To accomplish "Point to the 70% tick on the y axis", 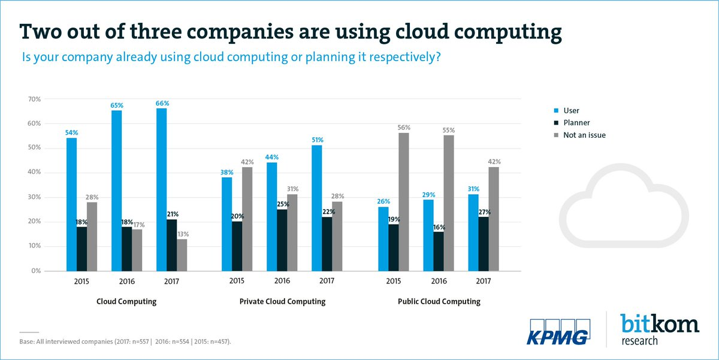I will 35,99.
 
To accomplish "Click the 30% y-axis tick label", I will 35,197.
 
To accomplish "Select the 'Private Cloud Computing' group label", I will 282,302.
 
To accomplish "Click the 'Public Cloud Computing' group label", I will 439,302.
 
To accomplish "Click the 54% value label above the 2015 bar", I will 72,132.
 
